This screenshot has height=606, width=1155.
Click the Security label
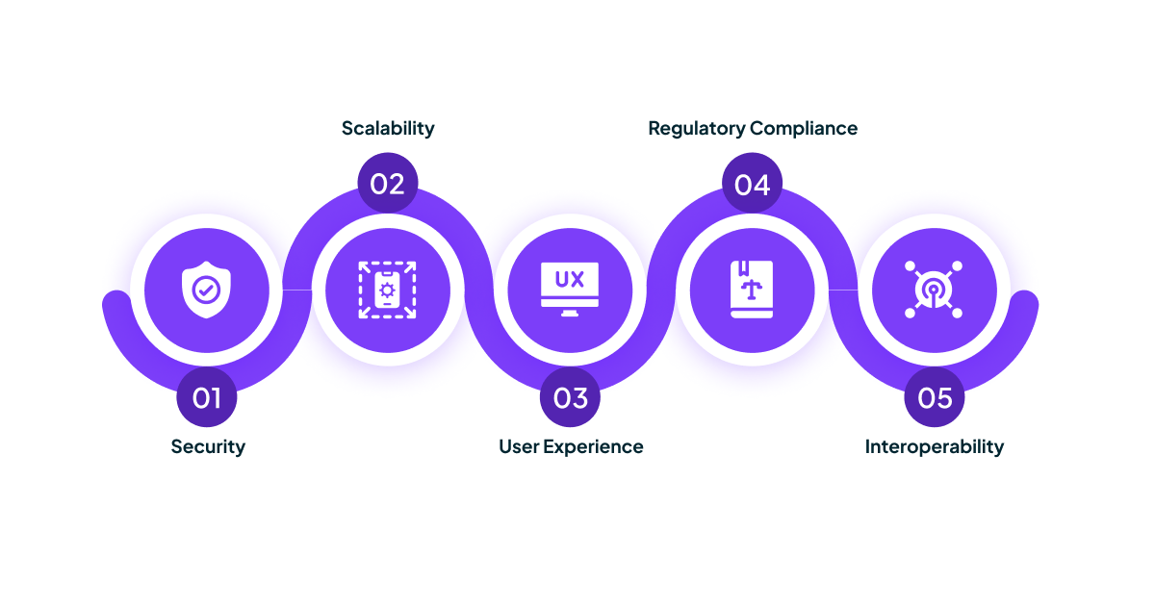click(x=208, y=446)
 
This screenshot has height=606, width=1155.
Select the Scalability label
click(x=388, y=128)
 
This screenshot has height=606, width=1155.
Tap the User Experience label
click(x=571, y=446)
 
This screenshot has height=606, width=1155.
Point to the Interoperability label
click(x=934, y=446)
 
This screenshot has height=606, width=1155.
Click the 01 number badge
click(x=207, y=397)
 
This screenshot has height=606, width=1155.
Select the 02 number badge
click(x=387, y=183)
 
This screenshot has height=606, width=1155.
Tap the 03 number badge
click(x=570, y=397)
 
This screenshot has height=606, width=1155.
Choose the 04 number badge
click(x=753, y=183)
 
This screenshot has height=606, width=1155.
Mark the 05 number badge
click(x=935, y=397)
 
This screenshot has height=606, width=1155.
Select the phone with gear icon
click(x=388, y=290)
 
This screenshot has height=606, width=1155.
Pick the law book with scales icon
click(x=752, y=290)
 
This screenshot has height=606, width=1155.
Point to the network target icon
click(x=934, y=290)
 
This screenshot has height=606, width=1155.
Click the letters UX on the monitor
click(x=570, y=280)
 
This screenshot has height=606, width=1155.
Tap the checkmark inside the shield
click(x=206, y=289)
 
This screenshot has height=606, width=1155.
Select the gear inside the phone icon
click(x=388, y=289)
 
